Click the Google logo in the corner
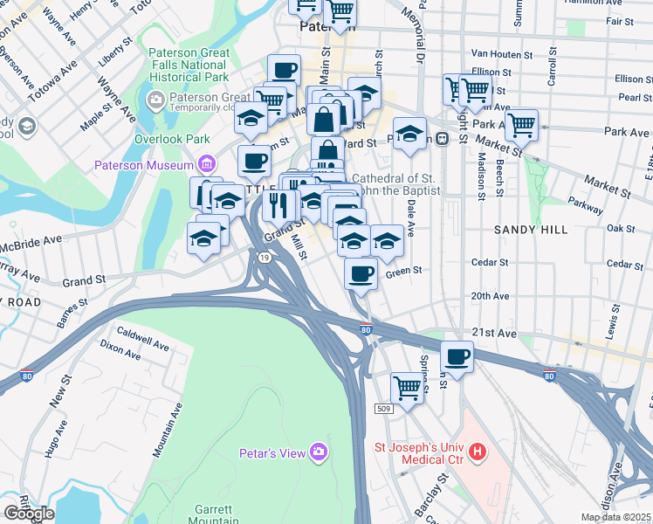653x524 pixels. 29,514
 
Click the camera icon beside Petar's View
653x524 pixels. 320,451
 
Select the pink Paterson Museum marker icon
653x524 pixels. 207,163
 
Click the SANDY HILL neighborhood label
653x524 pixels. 531,230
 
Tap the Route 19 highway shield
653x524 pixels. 263,257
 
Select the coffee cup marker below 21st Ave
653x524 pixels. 457,355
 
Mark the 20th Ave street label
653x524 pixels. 490,296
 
